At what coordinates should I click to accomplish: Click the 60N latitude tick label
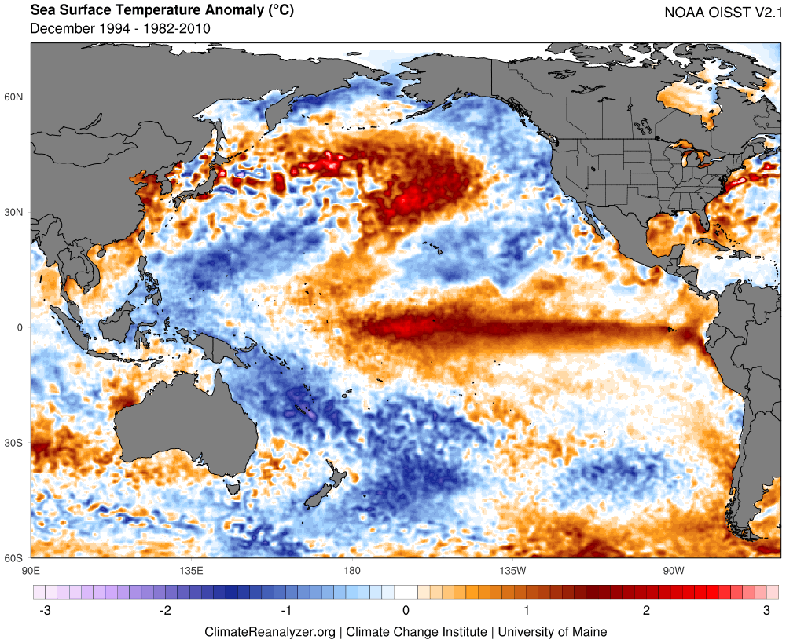coord(15,97)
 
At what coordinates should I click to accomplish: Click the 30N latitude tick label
coord(15,213)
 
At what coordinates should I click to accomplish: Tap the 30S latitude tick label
coord(15,443)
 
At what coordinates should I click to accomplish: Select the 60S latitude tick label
coord(15,558)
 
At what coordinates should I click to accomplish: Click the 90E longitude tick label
coord(31,569)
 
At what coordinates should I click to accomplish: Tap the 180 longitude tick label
coord(351,569)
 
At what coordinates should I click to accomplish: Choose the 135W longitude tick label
coord(512,569)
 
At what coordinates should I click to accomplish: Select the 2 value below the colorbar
coord(646,610)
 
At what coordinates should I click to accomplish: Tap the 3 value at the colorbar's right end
coord(766,610)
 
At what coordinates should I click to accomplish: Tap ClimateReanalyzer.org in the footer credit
coord(270,631)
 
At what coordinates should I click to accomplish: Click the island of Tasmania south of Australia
coord(233,488)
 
